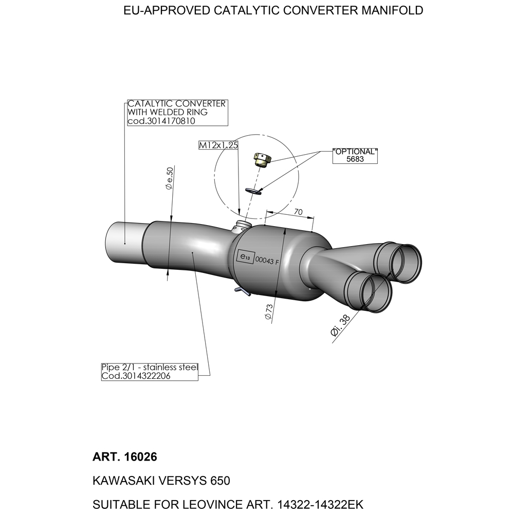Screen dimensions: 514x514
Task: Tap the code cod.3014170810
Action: (x=160, y=121)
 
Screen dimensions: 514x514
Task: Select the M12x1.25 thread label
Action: (x=218, y=145)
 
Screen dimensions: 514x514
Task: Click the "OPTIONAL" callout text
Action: (x=355, y=152)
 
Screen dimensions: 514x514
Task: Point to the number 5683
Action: (x=355, y=159)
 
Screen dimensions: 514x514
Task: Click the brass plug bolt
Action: (x=262, y=160)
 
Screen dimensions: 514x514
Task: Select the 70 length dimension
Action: (x=297, y=212)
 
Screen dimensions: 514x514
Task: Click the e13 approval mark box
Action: (x=244, y=257)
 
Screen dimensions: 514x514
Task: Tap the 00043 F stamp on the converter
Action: (x=267, y=261)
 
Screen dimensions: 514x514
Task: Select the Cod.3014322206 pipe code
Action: (x=136, y=376)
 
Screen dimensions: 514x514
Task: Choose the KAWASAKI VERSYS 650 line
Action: (x=161, y=481)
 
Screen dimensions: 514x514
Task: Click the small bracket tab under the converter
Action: (x=242, y=291)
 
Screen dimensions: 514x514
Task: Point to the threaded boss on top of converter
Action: (x=241, y=226)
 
